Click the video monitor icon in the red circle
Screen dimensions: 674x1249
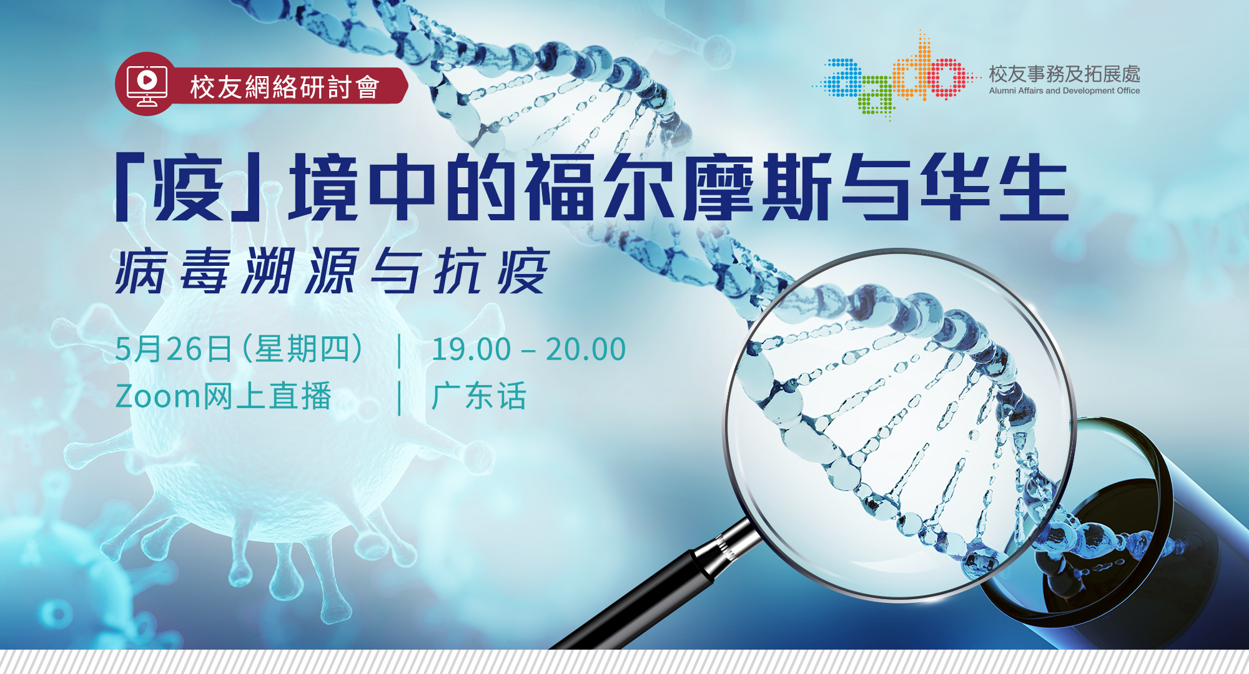tap(147, 84)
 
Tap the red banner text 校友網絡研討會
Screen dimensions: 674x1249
tap(285, 87)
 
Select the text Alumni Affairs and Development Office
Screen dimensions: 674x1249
tap(1064, 91)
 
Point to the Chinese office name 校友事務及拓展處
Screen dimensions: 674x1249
tap(1064, 74)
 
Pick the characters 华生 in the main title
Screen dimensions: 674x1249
tap(993, 187)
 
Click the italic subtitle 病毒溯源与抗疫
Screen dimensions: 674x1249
tap(332, 271)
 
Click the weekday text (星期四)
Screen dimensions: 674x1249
tap(303, 349)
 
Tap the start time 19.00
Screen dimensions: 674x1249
tap(471, 349)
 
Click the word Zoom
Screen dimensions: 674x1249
tap(157, 397)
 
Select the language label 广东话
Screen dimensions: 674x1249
tap(479, 397)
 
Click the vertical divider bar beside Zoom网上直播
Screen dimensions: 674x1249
tap(400, 397)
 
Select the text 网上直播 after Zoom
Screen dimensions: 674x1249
tap(267, 397)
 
